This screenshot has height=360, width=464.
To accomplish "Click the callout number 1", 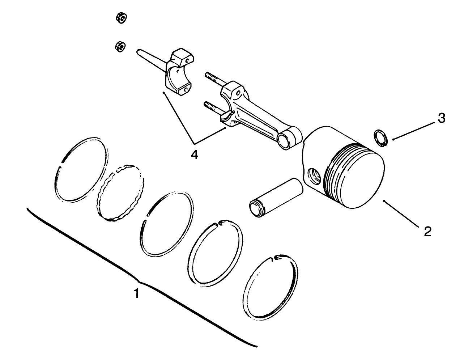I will [136, 293].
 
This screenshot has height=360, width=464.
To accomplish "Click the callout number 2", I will [427, 231].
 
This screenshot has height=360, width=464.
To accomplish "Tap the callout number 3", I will [442, 118].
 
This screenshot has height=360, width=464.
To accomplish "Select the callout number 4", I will [194, 154].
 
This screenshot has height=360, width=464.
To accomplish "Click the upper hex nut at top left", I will [121, 17].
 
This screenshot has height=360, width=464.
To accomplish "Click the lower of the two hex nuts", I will [120, 46].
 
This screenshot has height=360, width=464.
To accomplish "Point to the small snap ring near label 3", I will [380, 138].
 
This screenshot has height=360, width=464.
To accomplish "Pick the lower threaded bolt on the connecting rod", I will [213, 107].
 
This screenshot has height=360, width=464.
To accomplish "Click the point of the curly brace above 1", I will [139, 283].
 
